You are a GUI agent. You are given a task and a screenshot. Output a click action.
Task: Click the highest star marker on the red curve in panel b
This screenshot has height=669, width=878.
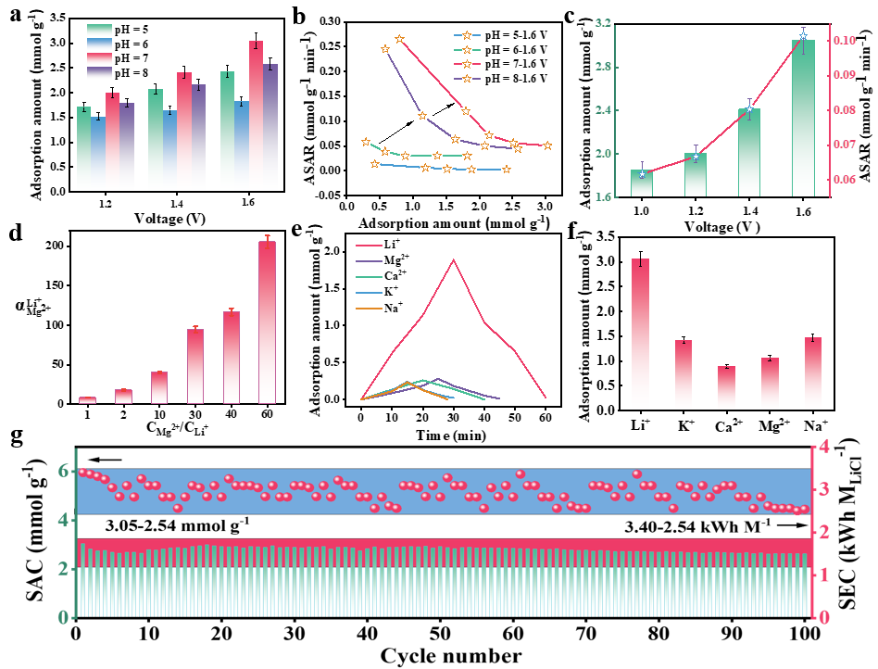399,39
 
